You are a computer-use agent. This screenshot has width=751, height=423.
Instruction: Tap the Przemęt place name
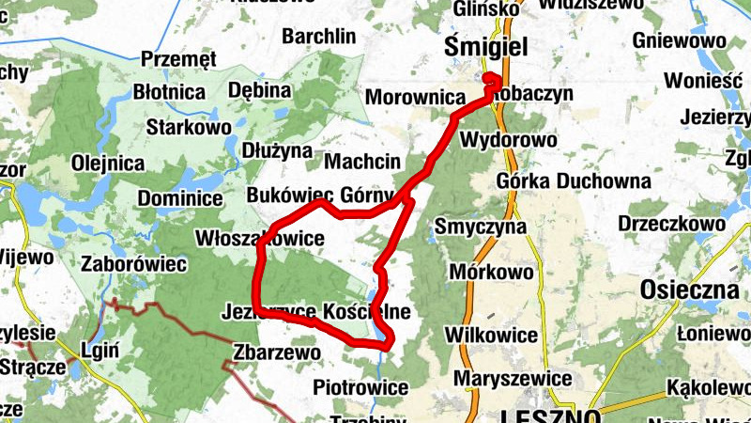pos(178,60)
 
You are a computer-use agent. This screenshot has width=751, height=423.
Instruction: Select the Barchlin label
pos(319,37)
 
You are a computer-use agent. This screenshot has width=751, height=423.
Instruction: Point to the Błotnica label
pos(169,93)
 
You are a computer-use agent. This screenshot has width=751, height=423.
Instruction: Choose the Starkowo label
pos(189,126)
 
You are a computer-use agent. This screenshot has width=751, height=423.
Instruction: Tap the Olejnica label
pos(108,163)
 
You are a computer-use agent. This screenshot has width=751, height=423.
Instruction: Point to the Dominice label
pos(180,199)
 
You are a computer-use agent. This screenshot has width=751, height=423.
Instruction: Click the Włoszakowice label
pos(259,239)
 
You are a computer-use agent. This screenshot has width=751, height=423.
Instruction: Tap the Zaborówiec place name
pos(134,264)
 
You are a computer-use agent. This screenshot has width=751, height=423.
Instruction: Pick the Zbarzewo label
pos(276,352)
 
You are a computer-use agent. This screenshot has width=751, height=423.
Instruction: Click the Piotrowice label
pos(361,387)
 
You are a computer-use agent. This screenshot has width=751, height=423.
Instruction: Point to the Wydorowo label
pos(508,140)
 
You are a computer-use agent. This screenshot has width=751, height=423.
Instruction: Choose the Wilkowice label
pos(491,336)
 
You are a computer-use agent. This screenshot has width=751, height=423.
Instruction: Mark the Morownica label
pos(415,97)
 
